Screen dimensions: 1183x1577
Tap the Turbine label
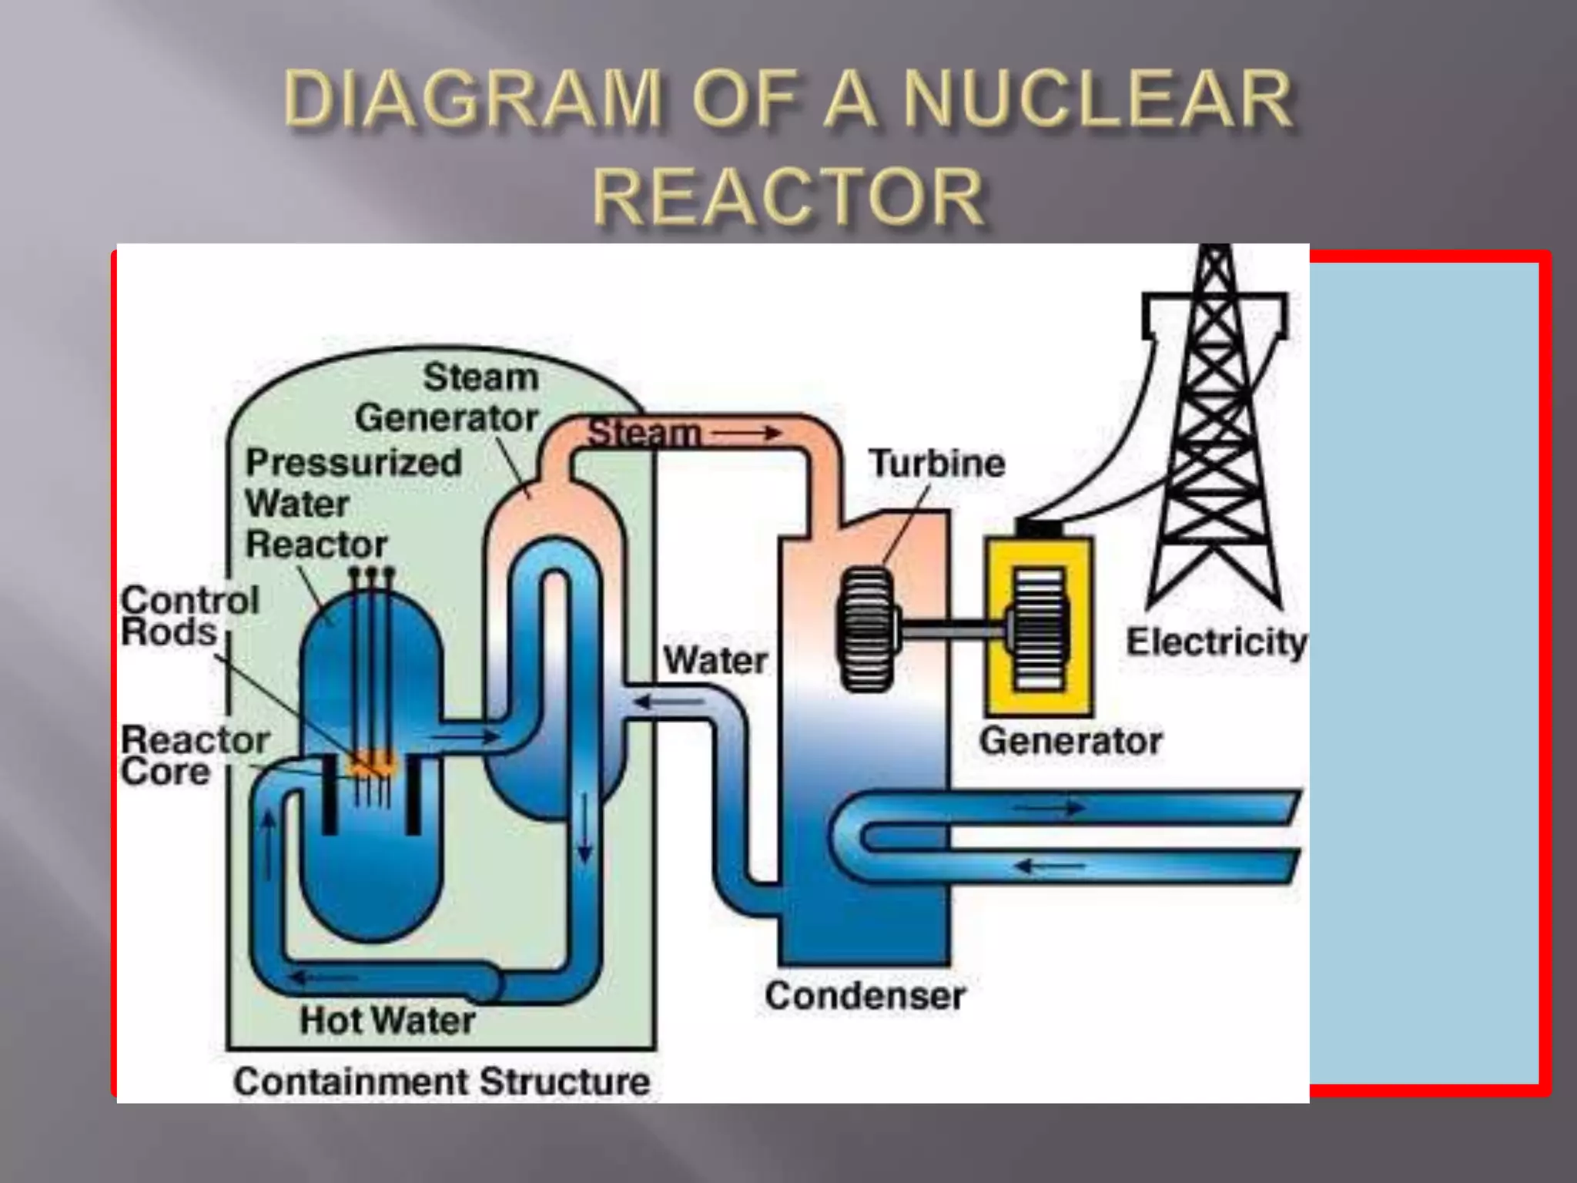coord(936,464)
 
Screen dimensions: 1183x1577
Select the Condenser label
coord(864,996)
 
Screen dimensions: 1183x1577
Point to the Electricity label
coord(1216,642)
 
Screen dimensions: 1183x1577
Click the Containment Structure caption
coord(442,1081)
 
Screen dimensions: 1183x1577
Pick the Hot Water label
coord(387,1020)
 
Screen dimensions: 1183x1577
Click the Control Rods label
coord(189,616)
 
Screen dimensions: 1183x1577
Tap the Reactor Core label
coord(194,756)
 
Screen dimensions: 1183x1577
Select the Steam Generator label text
coord(447,397)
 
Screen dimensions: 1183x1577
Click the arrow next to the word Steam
coord(745,434)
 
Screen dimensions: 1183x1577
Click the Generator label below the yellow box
coord(1070,741)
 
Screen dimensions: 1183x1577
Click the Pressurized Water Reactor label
coord(353,503)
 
